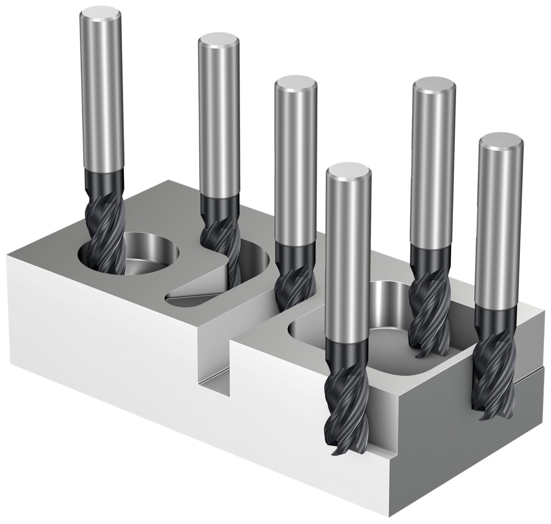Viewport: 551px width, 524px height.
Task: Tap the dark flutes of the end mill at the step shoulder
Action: tap(294, 280)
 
